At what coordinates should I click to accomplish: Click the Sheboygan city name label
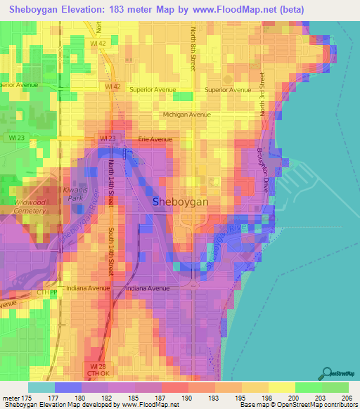click(x=181, y=202)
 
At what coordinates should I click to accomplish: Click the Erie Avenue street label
click(x=155, y=139)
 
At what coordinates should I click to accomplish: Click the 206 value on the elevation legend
click(x=345, y=398)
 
